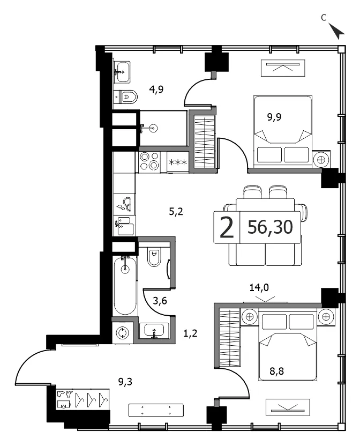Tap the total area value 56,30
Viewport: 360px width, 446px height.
pos(270,227)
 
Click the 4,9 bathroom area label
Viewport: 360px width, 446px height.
pos(156,90)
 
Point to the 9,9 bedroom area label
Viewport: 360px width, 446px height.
pos(274,117)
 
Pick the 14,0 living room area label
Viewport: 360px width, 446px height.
pos(259,287)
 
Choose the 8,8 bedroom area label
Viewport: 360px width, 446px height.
pos(276,371)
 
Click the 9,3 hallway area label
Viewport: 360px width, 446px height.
pos(125,382)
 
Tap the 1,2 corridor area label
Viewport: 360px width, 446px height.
pos(190,333)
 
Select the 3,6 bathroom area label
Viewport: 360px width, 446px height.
pos(160,301)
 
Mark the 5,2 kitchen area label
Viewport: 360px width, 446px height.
pos(176,212)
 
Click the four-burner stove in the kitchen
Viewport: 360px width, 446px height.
pos(149,161)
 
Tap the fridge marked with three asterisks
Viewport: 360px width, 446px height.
pos(178,161)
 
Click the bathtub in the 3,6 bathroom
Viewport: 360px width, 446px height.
pos(125,285)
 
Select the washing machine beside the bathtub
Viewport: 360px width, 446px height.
pos(123,333)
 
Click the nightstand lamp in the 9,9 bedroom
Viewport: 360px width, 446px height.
pos(321,160)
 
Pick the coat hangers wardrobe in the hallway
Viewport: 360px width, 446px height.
pos(82,400)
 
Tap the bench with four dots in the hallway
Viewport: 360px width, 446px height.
pos(156,410)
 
